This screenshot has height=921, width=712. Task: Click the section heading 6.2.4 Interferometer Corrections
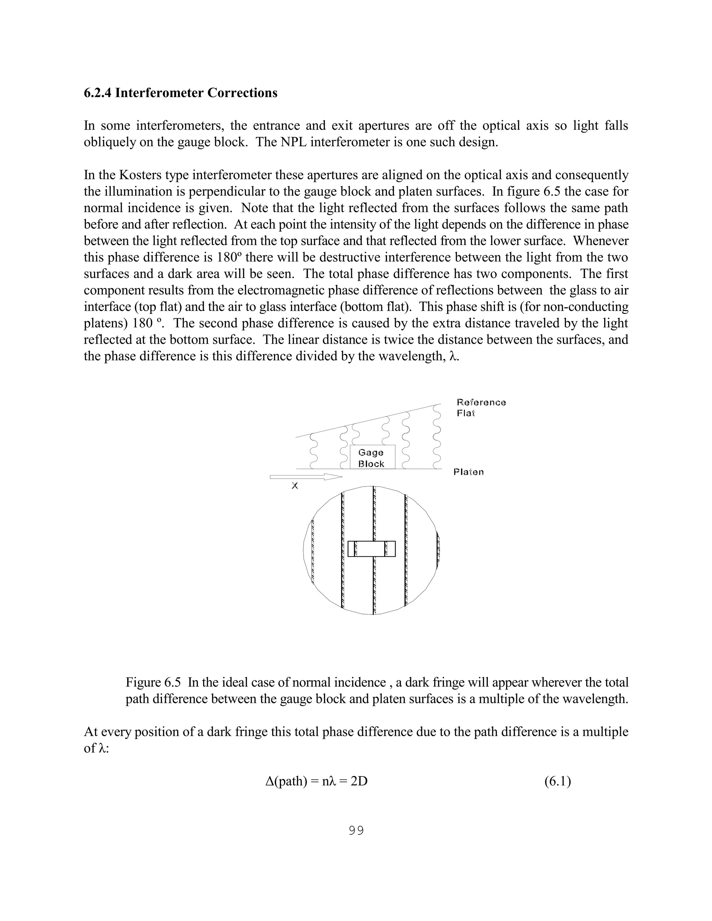[x=180, y=93]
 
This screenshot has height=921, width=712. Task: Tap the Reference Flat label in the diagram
[x=481, y=407]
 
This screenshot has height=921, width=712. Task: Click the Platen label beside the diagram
[x=468, y=472]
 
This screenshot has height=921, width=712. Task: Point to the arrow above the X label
[x=306, y=477]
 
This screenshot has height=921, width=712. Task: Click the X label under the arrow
[x=295, y=486]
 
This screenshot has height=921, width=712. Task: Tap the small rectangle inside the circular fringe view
[x=372, y=549]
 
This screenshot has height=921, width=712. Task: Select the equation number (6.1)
[x=557, y=781]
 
